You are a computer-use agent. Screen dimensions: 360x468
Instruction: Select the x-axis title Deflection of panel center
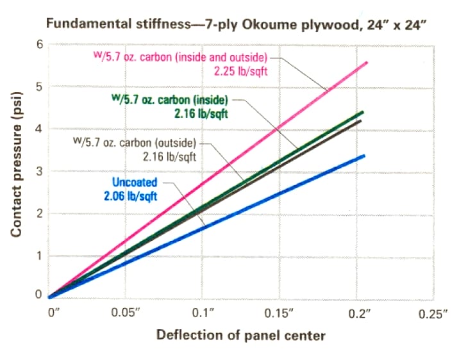coord(240,335)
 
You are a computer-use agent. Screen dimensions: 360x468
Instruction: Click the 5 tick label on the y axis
coord(39,87)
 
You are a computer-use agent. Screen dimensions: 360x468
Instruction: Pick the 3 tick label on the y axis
coord(39,172)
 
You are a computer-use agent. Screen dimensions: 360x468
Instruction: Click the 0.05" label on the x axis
coord(126,314)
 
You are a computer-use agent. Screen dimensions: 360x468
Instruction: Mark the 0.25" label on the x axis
coord(433,314)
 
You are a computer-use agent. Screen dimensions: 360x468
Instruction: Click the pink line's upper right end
coord(367,62)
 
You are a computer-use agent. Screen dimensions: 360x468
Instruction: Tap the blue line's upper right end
coord(365,155)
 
